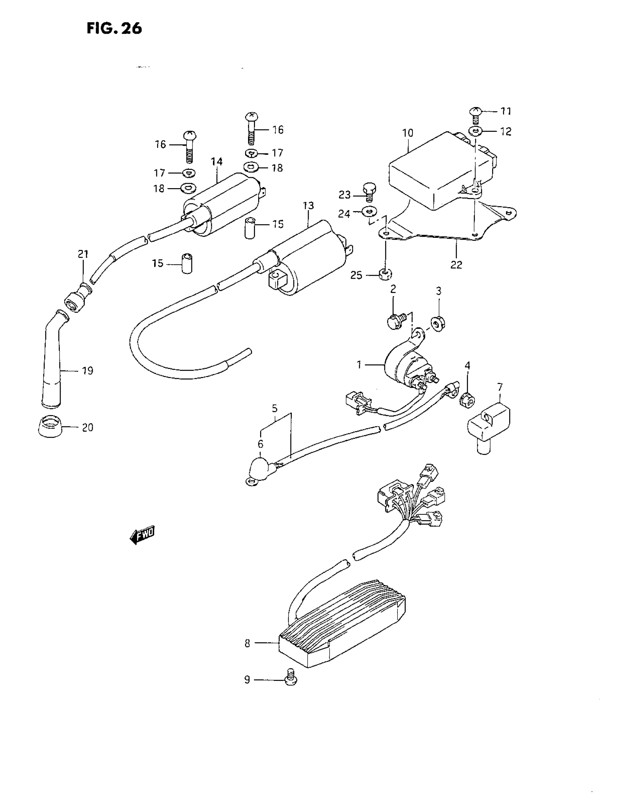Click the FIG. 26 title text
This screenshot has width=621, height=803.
click(x=114, y=28)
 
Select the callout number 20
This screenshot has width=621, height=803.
click(x=88, y=427)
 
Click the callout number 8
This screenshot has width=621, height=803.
click(x=247, y=643)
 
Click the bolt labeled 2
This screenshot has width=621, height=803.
click(x=396, y=321)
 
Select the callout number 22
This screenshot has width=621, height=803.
click(x=456, y=265)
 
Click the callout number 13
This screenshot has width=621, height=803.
click(x=308, y=206)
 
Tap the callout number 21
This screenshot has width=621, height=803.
click(x=83, y=254)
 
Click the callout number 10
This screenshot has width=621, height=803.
click(x=408, y=133)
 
